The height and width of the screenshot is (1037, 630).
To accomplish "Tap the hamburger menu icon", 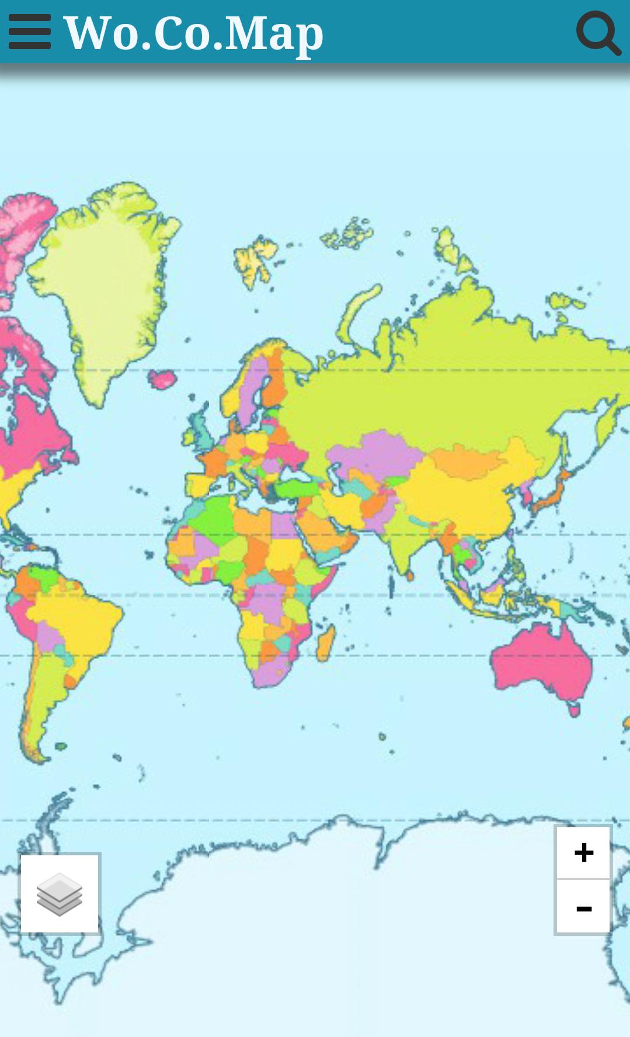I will tap(30, 32).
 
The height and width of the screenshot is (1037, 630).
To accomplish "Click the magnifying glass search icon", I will tap(598, 33).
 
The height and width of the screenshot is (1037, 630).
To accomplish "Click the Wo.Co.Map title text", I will tap(193, 33).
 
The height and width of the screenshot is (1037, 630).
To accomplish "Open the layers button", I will tap(60, 893).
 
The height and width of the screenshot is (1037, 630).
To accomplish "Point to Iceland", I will tap(163, 379).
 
